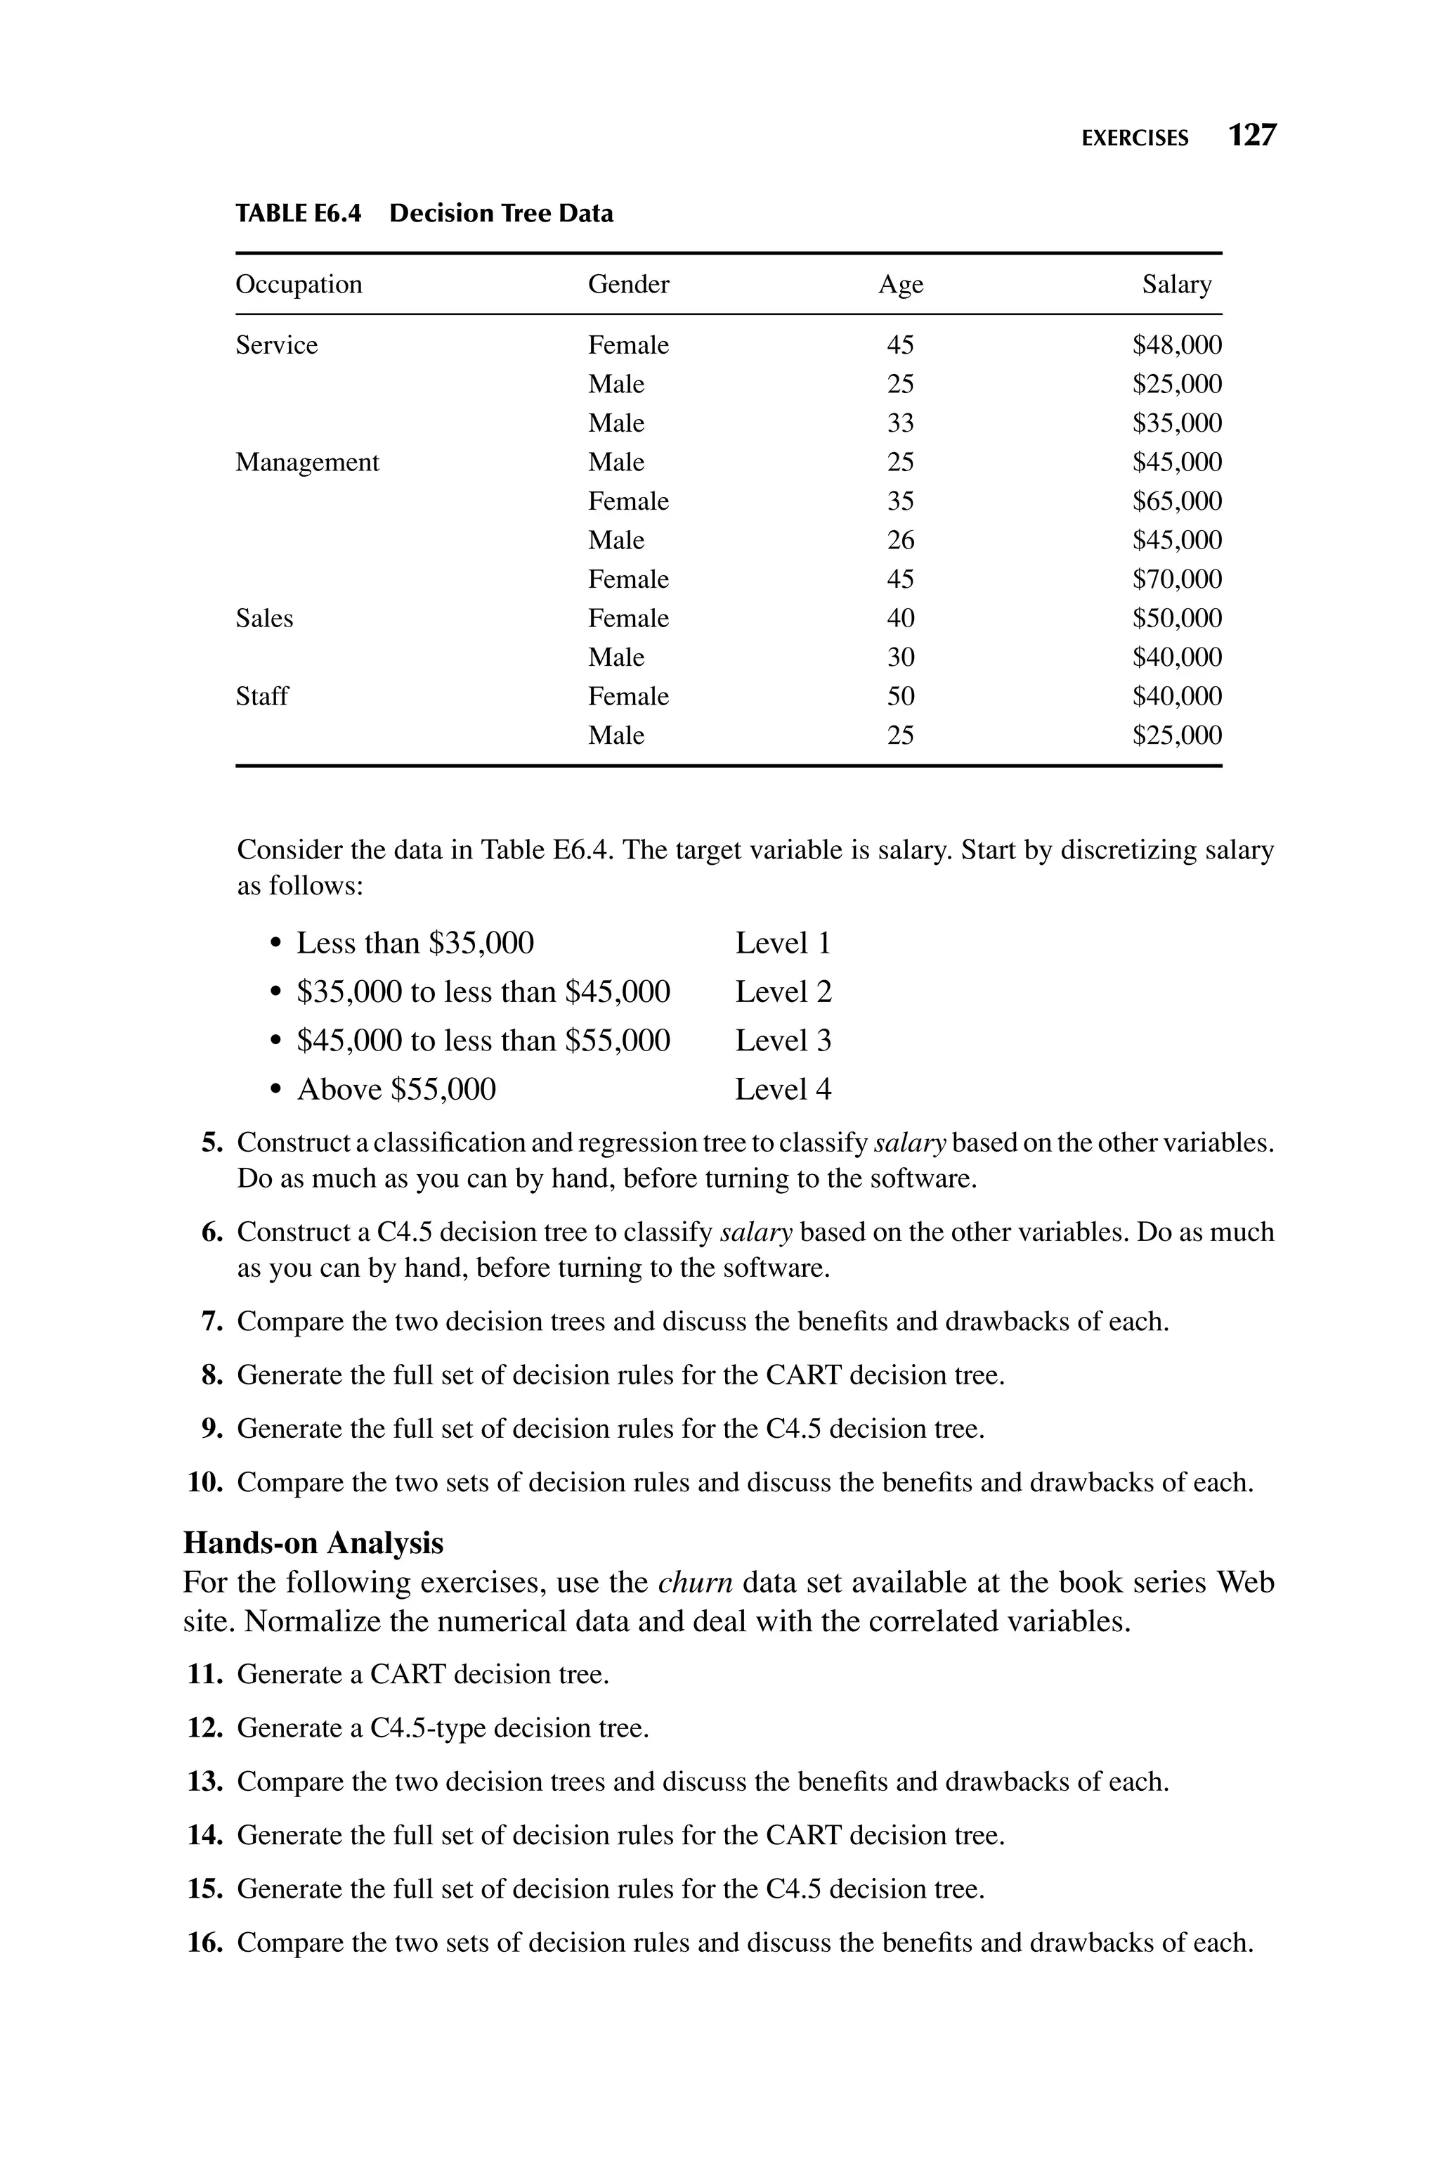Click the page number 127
click(x=1252, y=136)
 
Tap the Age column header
click(x=900, y=285)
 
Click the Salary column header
click(x=1176, y=285)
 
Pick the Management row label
click(x=306, y=462)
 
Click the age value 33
click(x=900, y=423)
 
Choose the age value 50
click(x=900, y=696)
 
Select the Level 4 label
click(x=783, y=1090)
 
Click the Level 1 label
click(x=783, y=944)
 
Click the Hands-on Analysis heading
click(x=313, y=1543)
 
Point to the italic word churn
click(x=695, y=1583)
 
